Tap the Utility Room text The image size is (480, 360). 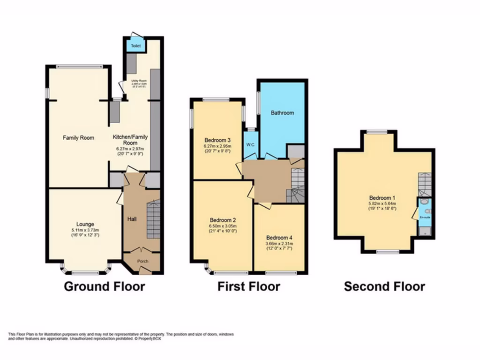coord(138,81)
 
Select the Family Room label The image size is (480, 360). coord(79,138)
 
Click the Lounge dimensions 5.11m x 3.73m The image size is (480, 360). coord(82,230)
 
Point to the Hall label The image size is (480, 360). coord(132,218)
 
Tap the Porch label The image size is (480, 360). coord(142,261)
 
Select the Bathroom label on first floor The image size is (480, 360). coord(283,113)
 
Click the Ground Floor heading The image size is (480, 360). coord(104,286)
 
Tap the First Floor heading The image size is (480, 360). coord(248,286)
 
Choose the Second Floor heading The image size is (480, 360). coord(384,286)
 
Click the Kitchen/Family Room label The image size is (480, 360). coord(130,140)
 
